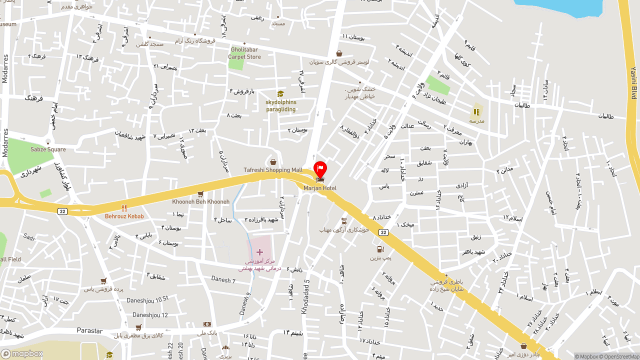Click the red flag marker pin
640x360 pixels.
coord(320,168)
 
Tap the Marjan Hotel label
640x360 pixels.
coord(320,188)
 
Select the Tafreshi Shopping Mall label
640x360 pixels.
coord(273,170)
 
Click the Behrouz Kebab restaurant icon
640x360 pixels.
coord(124,208)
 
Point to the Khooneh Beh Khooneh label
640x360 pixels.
coord(200,201)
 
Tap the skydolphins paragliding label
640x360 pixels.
coord(280,106)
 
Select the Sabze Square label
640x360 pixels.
coord(48,149)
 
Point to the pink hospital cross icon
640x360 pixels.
coord(259,252)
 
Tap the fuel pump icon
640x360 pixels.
coord(380,249)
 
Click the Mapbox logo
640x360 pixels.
coord(22,353)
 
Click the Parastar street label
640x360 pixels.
coord(90,330)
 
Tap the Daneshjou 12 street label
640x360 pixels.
coord(150,315)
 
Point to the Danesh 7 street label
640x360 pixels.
coord(223,279)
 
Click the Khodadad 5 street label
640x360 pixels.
coord(305,296)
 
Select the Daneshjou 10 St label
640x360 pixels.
coord(147,299)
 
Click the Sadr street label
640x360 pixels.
coord(29,237)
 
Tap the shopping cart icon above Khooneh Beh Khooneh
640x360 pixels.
coord(200,193)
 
